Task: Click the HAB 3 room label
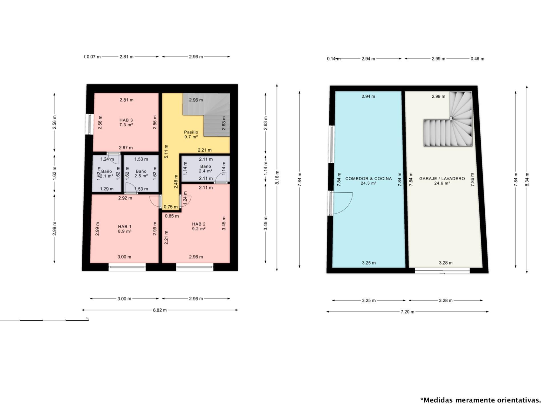click(126, 122)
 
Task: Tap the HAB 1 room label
click(125, 229)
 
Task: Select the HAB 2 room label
click(199, 226)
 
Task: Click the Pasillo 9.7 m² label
click(191, 134)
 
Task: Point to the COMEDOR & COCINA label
click(368, 181)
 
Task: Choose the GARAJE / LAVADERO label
click(442, 181)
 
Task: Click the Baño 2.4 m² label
click(205, 169)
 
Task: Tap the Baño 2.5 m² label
click(141, 174)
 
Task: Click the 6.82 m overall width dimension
click(160, 310)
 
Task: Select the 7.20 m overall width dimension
click(407, 312)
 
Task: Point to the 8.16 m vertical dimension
click(277, 178)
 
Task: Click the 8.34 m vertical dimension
click(527, 180)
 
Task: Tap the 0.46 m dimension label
click(477, 59)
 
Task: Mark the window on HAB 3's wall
click(90, 124)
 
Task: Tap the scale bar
click(44, 320)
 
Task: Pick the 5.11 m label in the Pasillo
click(166, 151)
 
